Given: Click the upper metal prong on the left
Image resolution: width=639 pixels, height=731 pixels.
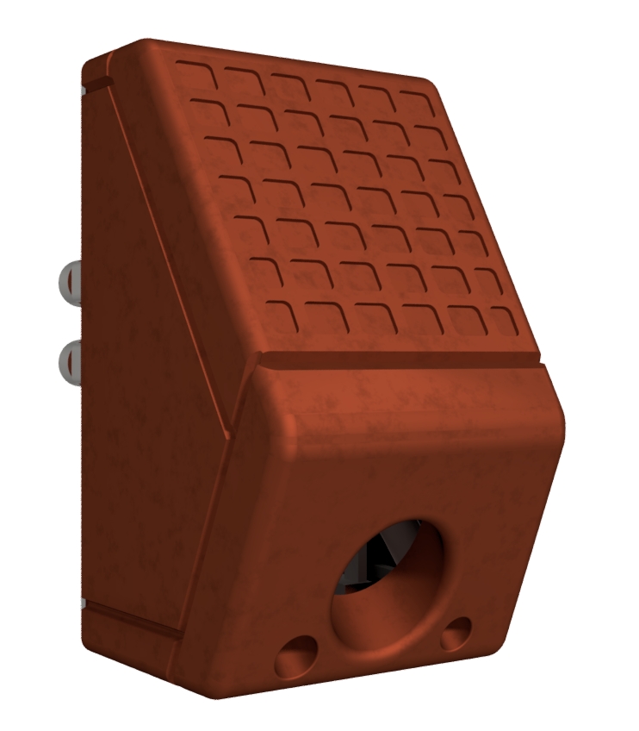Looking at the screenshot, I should pos(70,280).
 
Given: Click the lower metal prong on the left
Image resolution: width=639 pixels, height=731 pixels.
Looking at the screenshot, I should pos(70,358).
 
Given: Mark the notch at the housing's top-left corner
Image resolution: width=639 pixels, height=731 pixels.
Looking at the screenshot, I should pos(96,84).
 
